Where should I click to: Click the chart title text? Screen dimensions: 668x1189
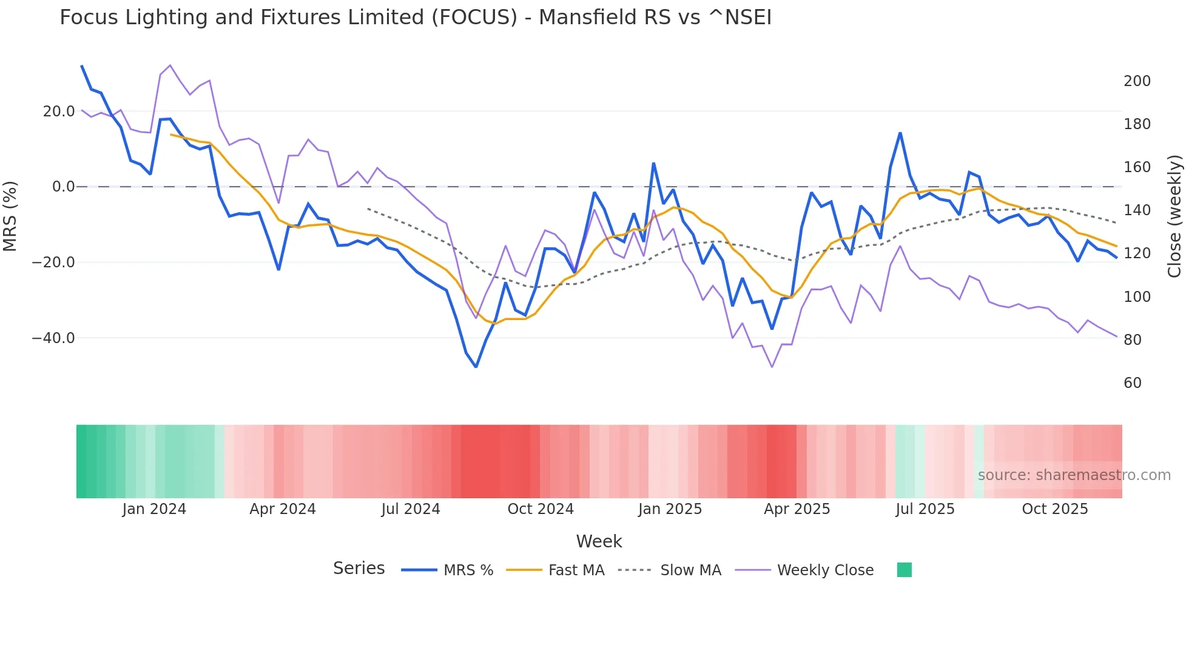(x=416, y=17)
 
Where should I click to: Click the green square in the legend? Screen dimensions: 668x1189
(x=904, y=570)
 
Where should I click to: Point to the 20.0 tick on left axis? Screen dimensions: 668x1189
(x=59, y=111)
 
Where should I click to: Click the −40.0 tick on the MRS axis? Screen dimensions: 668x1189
(x=53, y=338)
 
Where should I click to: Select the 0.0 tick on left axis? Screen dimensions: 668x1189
(x=64, y=187)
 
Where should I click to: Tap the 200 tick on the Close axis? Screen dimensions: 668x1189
(x=1137, y=81)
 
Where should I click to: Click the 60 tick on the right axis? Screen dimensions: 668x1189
(x=1132, y=383)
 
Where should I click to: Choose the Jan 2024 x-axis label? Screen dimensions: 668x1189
(x=154, y=509)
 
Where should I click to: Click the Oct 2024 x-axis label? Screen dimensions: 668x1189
(x=541, y=509)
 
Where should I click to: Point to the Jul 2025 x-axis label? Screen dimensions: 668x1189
(x=925, y=509)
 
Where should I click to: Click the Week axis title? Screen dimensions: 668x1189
(x=599, y=541)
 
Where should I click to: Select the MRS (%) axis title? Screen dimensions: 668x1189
(x=10, y=216)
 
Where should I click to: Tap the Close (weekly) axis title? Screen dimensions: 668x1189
(x=1174, y=216)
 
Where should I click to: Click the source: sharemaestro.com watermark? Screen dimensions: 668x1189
(x=1074, y=475)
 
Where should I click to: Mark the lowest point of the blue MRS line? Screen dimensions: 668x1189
(x=476, y=367)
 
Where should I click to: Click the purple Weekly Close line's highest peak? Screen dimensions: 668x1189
(x=170, y=65)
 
